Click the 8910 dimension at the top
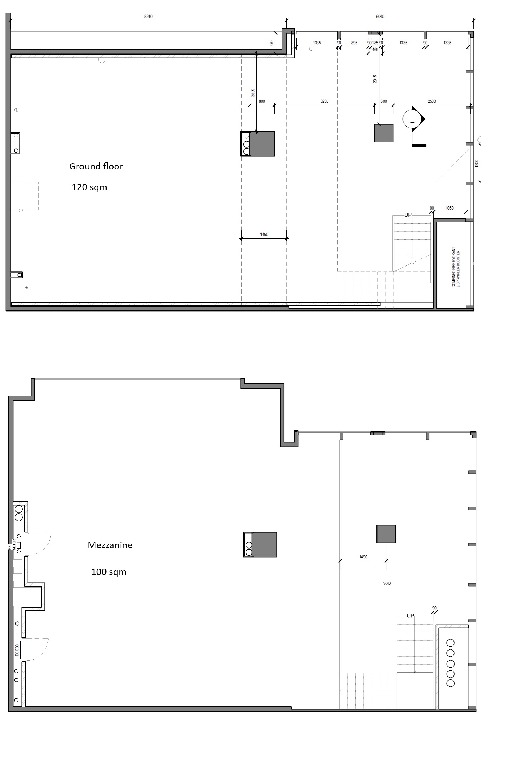click(148, 17)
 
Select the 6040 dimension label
click(380, 17)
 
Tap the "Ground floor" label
click(96, 166)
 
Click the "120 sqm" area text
click(89, 187)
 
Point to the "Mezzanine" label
click(110, 545)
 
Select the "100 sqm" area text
click(109, 572)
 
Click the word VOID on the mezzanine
click(387, 583)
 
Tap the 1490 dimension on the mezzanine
click(363, 557)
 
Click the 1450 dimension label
click(264, 235)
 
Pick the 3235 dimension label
click(324, 101)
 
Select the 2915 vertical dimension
click(375, 79)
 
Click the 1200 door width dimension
click(476, 164)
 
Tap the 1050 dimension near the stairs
click(450, 208)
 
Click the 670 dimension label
click(271, 44)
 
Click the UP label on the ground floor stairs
click(408, 215)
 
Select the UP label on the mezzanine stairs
click(410, 616)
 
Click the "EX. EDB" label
click(16, 650)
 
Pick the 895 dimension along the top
click(354, 43)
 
